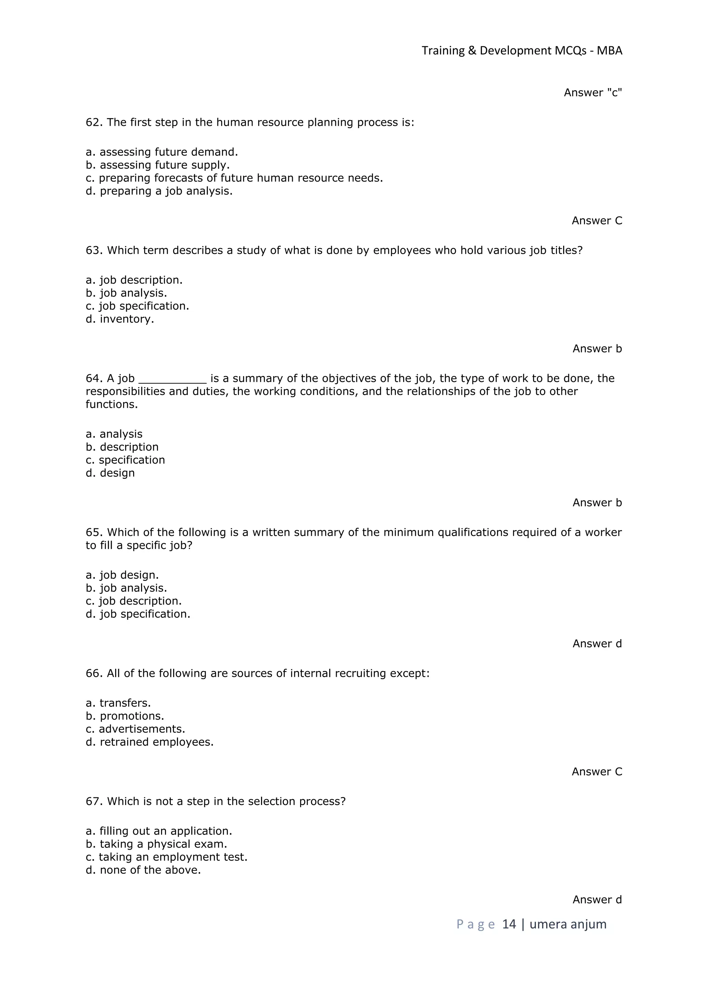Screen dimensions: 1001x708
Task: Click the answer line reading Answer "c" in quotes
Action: pos(593,93)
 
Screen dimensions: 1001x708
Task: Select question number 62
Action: pos(94,122)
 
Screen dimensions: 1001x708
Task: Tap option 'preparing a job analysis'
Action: pos(159,191)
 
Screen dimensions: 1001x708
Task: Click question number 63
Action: pos(94,251)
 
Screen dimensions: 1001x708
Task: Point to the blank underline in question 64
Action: pos(172,379)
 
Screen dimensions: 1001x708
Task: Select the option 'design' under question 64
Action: pos(110,473)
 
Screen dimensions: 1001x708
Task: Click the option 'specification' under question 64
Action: pos(125,460)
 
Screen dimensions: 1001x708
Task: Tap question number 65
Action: pos(94,532)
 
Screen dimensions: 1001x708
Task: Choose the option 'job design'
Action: pos(122,575)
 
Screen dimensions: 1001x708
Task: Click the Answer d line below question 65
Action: pos(597,644)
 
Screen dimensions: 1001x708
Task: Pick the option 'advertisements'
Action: pos(136,729)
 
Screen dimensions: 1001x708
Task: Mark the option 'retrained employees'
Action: pos(150,742)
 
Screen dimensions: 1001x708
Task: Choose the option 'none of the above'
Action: pos(143,870)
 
